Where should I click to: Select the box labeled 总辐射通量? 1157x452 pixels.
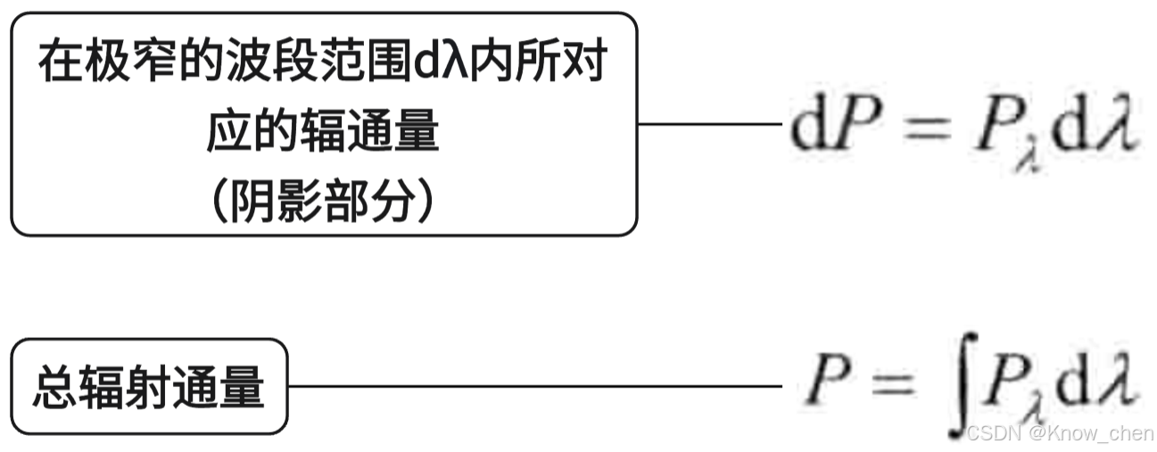pos(149,386)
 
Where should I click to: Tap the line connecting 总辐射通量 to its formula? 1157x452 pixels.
pos(535,387)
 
